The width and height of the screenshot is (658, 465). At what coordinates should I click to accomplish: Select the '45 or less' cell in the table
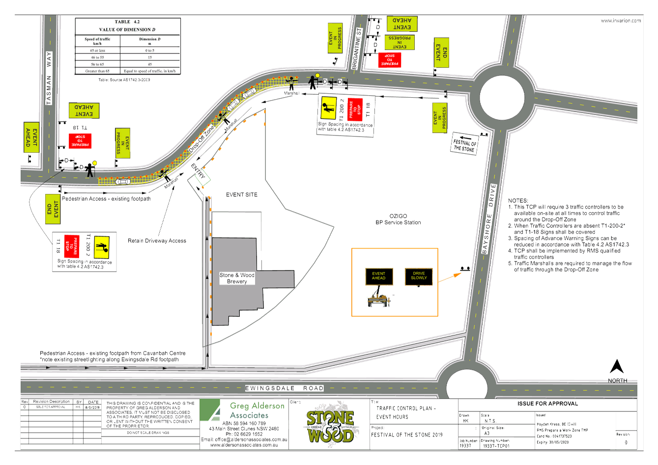97,51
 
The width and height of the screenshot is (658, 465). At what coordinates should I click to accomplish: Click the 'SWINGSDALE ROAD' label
285,388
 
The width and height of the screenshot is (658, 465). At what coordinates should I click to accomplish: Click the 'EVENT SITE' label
241,195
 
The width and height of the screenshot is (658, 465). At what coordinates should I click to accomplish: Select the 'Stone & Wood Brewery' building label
237,278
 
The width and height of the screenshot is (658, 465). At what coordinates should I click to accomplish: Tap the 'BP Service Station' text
398,222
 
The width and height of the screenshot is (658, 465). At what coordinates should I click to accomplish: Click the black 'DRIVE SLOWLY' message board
419,276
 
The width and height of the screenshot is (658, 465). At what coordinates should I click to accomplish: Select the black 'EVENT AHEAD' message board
378,276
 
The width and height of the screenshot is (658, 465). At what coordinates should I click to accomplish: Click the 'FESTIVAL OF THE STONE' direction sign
465,145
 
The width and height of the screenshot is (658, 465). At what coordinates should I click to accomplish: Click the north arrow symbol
617,367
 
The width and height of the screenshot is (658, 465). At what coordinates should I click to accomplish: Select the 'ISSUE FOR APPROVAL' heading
547,404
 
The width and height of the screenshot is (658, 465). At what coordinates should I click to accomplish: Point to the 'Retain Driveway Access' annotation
157,241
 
